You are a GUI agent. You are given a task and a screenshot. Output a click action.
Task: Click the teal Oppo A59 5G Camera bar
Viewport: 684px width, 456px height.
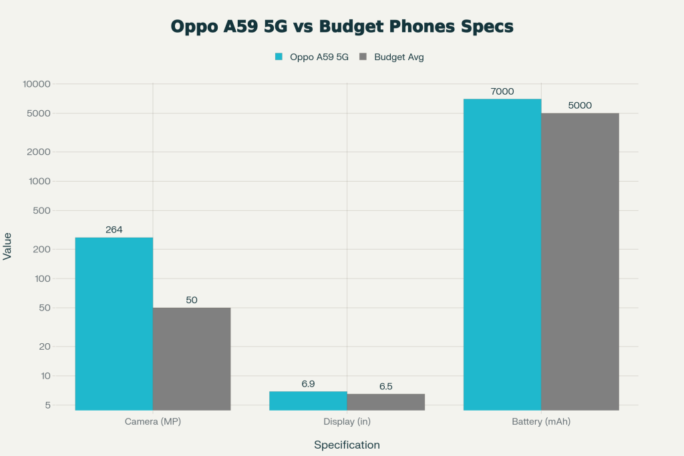pyautogui.click(x=114, y=324)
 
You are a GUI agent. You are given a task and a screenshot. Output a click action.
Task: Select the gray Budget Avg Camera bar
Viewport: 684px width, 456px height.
pyautogui.click(x=192, y=359)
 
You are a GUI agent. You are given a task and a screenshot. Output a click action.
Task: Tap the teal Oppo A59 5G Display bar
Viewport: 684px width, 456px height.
pyautogui.click(x=308, y=401)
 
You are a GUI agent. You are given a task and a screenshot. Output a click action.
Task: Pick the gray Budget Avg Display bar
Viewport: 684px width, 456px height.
pyautogui.click(x=385, y=402)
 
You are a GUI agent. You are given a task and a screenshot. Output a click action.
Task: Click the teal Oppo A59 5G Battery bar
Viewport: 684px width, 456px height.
pyautogui.click(x=502, y=254)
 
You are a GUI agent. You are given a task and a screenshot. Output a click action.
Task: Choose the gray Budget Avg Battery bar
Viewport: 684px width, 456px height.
pyautogui.click(x=580, y=261)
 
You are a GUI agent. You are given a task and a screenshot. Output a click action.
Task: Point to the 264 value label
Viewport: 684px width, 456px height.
pyautogui.click(x=114, y=230)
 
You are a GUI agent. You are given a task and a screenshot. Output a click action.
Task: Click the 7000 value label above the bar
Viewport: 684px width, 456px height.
pyautogui.click(x=502, y=91)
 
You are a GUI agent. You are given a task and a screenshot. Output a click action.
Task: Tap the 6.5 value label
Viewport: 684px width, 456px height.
pyautogui.click(x=386, y=387)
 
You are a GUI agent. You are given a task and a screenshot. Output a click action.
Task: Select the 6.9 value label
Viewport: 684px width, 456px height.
pyautogui.click(x=308, y=384)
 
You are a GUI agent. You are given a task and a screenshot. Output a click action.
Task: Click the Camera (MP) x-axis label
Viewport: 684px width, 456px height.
pyautogui.click(x=153, y=422)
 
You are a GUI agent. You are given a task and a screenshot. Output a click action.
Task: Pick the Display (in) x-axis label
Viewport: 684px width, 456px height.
pyautogui.click(x=347, y=422)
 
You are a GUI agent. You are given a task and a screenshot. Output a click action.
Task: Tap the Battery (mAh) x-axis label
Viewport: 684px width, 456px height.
pyautogui.click(x=541, y=422)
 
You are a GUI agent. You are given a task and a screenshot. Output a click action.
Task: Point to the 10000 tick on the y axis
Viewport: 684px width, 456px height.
pyautogui.click(x=37, y=84)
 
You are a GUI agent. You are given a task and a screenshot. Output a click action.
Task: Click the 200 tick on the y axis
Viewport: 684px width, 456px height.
pyautogui.click(x=42, y=249)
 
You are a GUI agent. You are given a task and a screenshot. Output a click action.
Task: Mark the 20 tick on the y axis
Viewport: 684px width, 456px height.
pyautogui.click(x=45, y=347)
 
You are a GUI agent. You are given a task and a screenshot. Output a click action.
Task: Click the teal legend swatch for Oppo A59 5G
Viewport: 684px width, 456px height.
pyautogui.click(x=279, y=57)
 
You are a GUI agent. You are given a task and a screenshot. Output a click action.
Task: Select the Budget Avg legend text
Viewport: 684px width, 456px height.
pyautogui.click(x=399, y=57)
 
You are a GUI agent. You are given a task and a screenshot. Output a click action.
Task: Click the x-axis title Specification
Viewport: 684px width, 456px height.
pyautogui.click(x=347, y=445)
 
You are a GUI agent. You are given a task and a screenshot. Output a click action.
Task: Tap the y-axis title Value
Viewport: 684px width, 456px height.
pyautogui.click(x=7, y=246)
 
